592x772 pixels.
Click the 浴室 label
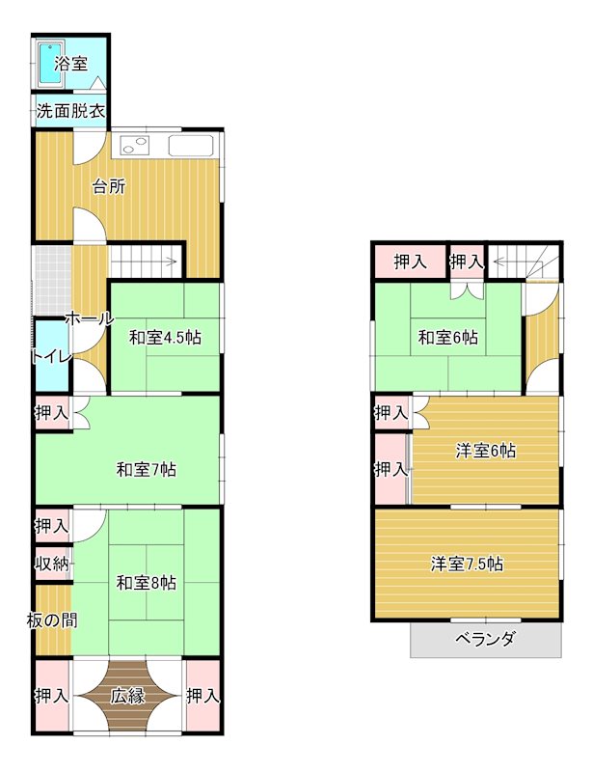coord(71,65)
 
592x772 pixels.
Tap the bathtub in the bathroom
coord(48,63)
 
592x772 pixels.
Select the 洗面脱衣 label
coord(70,111)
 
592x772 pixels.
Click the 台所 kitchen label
coord(109,187)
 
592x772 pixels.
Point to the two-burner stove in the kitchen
coord(133,147)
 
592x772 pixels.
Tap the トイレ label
coord(51,356)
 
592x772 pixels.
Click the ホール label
coord(90,318)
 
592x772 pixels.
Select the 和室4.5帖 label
coord(165,338)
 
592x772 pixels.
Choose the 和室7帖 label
coord(146,470)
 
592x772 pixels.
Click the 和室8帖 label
coord(146,582)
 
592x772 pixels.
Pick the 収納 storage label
coord(52,564)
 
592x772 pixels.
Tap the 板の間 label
coord(52,620)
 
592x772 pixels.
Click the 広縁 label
coord(127,695)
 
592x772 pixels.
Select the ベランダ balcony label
coord(485,639)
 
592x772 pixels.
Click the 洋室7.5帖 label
coord(467,565)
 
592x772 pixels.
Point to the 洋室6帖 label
coord(485,451)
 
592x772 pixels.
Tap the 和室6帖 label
coord(447,338)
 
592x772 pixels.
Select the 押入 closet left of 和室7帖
coord(52,413)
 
